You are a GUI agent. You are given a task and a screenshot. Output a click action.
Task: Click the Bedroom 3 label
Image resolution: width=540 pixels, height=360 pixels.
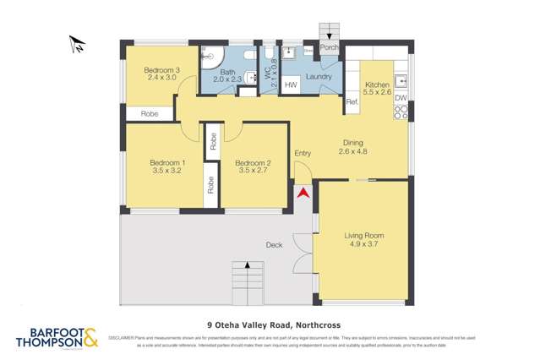[161, 70]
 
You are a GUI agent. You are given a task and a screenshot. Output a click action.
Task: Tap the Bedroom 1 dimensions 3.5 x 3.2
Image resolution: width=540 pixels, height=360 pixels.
[167, 171]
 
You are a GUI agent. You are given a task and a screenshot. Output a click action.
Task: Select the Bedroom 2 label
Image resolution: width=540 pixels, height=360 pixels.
[253, 162]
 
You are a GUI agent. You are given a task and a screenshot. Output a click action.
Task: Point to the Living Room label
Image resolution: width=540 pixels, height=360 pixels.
[364, 236]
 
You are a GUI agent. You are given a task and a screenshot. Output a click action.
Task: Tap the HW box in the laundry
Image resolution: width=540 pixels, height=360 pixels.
[290, 85]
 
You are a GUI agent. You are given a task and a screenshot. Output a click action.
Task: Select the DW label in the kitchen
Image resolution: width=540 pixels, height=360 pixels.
[401, 99]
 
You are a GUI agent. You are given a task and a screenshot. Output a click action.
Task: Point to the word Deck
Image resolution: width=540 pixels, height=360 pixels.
[274, 245]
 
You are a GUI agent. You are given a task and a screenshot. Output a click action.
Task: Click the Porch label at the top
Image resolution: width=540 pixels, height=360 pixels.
[329, 47]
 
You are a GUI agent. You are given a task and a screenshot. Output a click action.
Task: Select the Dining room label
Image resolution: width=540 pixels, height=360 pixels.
[352, 143]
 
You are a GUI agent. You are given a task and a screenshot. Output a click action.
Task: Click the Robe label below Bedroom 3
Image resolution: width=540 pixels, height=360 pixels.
[150, 113]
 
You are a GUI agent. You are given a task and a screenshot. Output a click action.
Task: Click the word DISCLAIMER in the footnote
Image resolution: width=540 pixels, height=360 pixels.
[124, 337]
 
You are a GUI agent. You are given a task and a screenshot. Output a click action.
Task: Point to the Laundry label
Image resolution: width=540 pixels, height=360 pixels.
[319, 77]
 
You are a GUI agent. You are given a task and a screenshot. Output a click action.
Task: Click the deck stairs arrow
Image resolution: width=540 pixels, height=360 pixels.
[247, 267]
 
